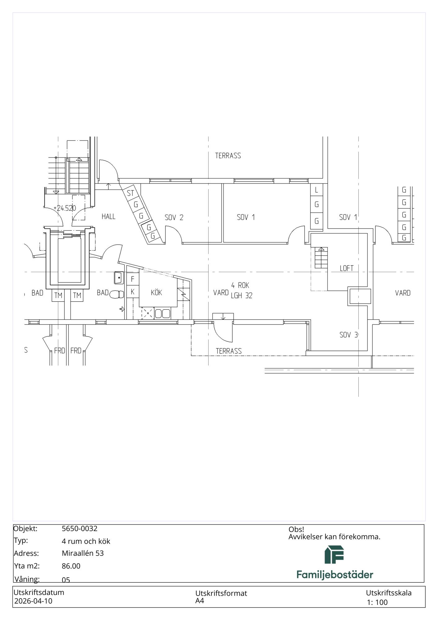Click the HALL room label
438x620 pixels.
coord(108,216)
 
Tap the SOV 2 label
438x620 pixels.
coord(174,217)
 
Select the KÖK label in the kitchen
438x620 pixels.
coord(157,292)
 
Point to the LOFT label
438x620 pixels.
coord(347,268)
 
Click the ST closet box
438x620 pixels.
coord(131,193)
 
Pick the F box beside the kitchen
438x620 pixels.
coord(133,279)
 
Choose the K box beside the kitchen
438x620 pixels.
coord(133,292)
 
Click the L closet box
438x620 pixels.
coord(316,190)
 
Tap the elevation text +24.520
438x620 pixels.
coord(65,208)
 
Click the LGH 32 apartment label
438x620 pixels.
coord(241,296)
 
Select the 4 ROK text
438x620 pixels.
coord(240,285)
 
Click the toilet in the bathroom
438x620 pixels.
coord(117,294)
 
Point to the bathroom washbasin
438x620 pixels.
coord(119,278)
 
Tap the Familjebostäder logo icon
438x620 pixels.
coord(334,555)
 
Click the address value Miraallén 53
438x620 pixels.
coord(83,553)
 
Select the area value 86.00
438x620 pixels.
coord(71,566)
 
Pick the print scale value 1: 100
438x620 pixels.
coord(377,602)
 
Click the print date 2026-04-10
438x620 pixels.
coord(33,601)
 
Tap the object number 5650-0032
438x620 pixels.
coord(80,529)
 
